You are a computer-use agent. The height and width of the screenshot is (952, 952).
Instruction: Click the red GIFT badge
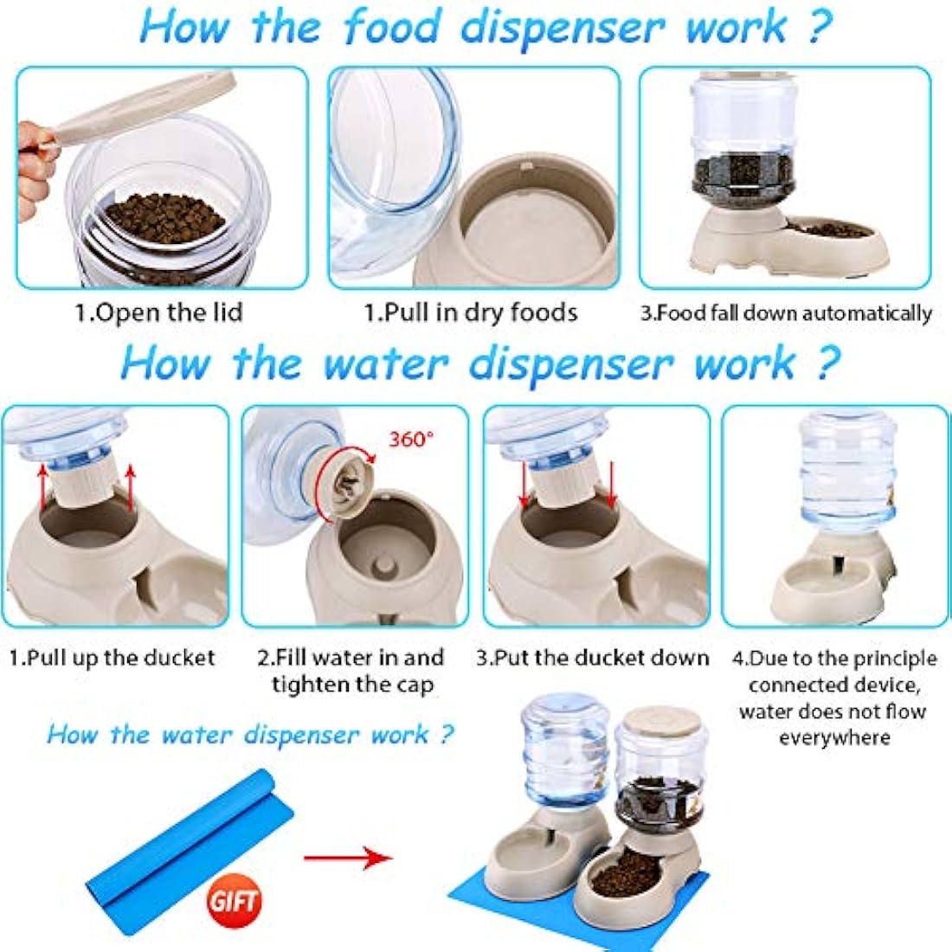click(x=234, y=900)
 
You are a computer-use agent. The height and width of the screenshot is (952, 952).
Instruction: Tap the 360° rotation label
click(x=409, y=439)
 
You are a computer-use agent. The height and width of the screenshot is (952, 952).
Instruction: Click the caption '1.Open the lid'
click(x=159, y=312)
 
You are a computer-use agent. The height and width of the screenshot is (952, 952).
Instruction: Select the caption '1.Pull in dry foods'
click(x=470, y=312)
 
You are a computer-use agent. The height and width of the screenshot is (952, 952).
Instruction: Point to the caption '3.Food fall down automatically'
click(x=786, y=312)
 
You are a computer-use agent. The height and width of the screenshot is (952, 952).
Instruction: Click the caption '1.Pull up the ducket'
click(x=112, y=658)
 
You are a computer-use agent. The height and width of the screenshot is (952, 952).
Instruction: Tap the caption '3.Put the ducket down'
click(x=592, y=658)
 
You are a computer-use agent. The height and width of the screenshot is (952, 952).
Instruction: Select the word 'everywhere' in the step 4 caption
click(x=833, y=737)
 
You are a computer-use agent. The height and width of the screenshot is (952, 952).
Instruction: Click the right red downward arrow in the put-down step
click(x=611, y=485)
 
